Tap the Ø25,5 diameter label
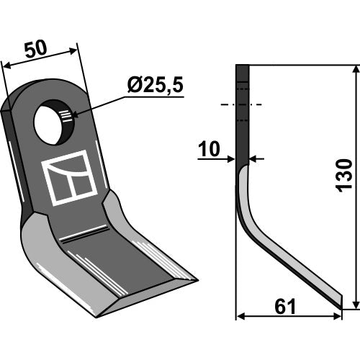tap(156, 85)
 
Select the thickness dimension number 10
tap(209, 149)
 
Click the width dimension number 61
tap(285, 307)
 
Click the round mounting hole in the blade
tap(54, 122)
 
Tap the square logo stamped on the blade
tap(69, 178)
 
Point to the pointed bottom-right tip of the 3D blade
tap(197, 280)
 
